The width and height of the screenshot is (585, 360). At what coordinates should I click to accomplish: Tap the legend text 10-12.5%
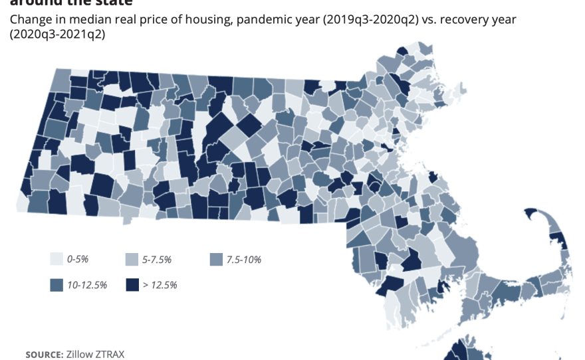(x=88, y=285)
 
